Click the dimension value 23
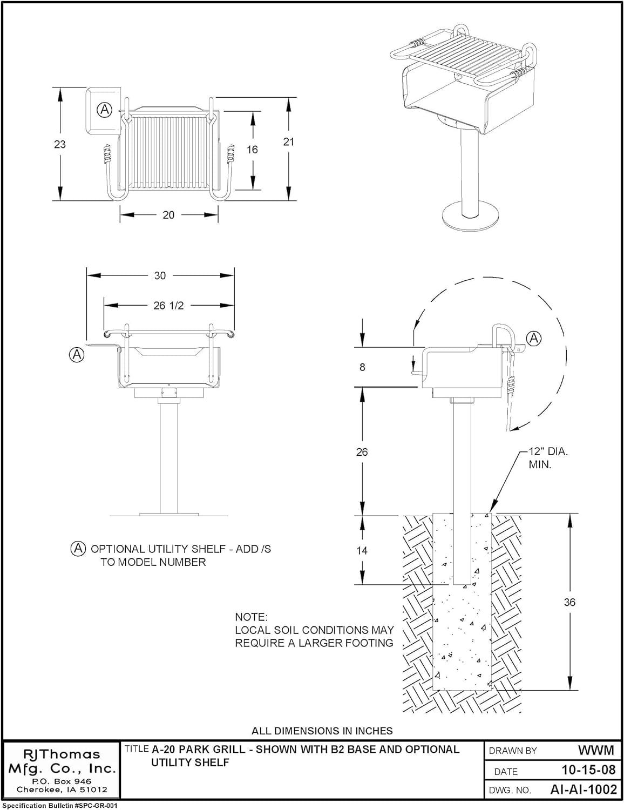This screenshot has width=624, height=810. [60, 144]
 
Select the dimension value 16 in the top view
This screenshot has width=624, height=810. [252, 150]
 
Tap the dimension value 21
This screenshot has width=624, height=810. [289, 141]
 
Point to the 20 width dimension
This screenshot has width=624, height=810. [168, 215]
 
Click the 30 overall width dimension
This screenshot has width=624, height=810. [160, 275]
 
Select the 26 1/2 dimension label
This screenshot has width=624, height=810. [168, 306]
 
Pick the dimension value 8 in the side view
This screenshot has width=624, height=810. [362, 367]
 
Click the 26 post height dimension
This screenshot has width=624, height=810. [362, 452]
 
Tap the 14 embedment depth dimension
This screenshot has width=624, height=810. [362, 550]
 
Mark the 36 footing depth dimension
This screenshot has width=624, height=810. [569, 602]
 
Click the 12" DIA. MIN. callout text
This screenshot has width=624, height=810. [547, 458]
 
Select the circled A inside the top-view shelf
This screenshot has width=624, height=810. [104, 110]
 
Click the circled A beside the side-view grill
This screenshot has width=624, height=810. [534, 339]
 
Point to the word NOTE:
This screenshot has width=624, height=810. [251, 617]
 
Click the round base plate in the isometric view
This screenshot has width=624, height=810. [469, 217]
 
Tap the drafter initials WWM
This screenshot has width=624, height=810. [596, 750]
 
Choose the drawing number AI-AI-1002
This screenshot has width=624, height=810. [583, 789]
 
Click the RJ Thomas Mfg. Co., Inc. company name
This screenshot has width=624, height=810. [61, 761]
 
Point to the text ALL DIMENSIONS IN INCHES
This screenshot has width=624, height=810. [322, 731]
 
